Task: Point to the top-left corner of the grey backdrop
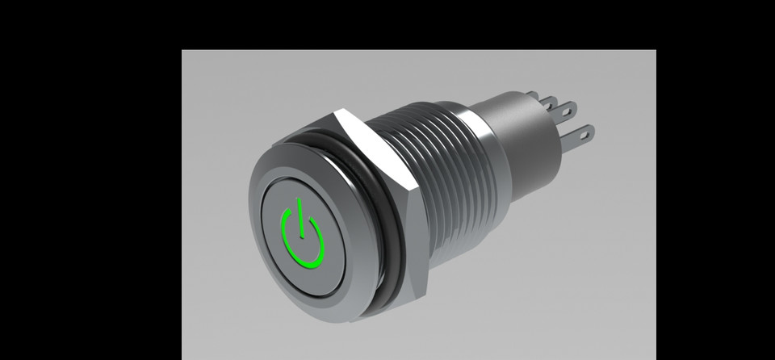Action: (182, 51)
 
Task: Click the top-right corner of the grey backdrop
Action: (655, 51)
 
